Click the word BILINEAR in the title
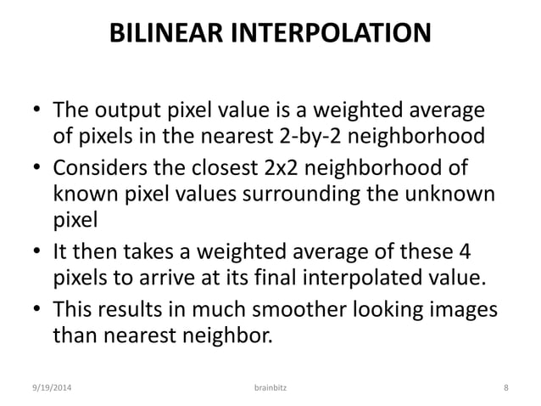(167, 36)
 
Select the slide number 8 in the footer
(505, 386)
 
